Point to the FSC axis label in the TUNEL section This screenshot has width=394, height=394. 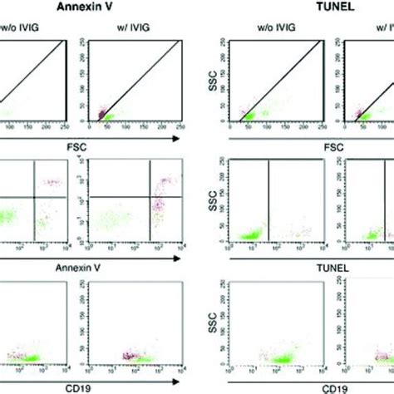pos(300,153)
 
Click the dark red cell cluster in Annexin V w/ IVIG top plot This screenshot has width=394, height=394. pos(101,112)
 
